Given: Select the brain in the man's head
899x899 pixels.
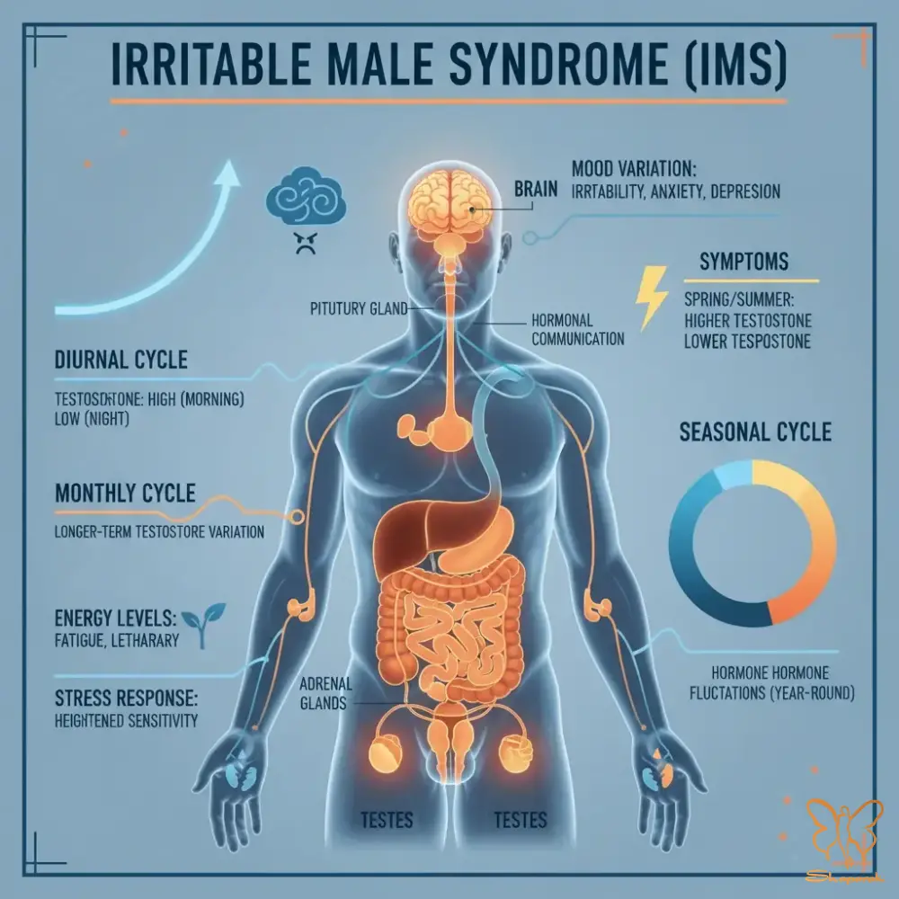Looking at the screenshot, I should click(450, 195).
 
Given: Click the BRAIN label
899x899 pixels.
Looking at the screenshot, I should click(536, 190).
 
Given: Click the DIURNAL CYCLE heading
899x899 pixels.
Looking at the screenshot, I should click(120, 361).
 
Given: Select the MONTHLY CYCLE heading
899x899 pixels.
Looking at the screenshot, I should click(125, 494).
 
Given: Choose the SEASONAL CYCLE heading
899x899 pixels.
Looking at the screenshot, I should click(755, 432).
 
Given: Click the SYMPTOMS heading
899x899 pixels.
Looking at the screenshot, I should click(743, 263).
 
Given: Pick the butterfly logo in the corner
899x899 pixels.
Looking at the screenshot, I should click(843, 840).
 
